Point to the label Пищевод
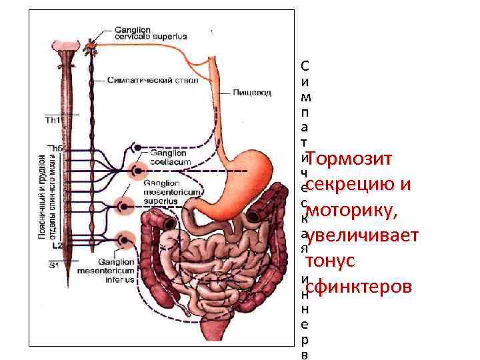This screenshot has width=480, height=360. point(252,93)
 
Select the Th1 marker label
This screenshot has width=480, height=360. point(52,121)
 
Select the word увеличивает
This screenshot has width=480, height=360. point(363,236)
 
